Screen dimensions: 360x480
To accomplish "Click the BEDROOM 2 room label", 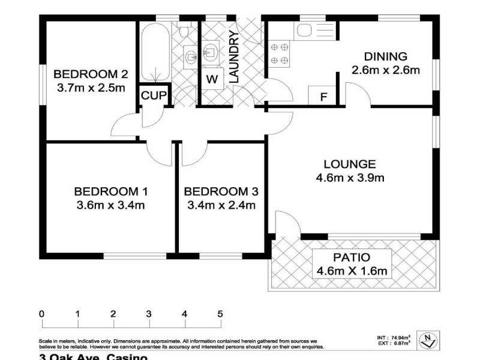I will pyautogui.click(x=91, y=74).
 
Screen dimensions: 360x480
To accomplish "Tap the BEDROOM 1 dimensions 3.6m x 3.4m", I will pyautogui.click(x=111, y=206).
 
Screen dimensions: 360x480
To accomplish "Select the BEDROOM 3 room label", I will pyautogui.click(x=221, y=192).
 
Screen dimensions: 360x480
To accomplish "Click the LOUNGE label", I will pyautogui.click(x=350, y=164).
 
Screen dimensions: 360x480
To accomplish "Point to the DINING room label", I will pyautogui.click(x=386, y=56).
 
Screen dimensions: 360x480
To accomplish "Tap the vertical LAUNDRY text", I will pyautogui.click(x=234, y=57).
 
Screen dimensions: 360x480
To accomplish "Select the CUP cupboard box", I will pyautogui.click(x=153, y=96).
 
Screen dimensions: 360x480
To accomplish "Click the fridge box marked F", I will pyautogui.click(x=323, y=97).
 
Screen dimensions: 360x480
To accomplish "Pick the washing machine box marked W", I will pyautogui.click(x=212, y=79).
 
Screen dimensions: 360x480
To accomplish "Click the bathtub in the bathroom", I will pyautogui.click(x=155, y=54).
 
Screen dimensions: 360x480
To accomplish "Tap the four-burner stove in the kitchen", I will pyautogui.click(x=280, y=53).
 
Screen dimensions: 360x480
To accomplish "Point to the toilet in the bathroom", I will pyautogui.click(x=185, y=29).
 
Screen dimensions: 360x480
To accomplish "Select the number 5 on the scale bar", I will pyautogui.click(x=220, y=314).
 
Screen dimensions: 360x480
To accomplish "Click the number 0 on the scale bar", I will pyautogui.click(x=41, y=314).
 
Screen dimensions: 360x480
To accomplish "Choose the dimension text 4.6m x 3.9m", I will pyautogui.click(x=350, y=178).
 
